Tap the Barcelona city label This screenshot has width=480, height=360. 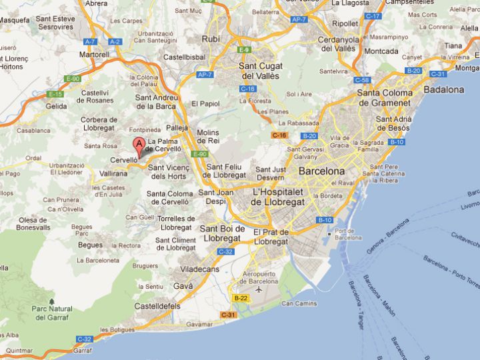(321, 171)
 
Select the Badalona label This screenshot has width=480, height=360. (443, 89)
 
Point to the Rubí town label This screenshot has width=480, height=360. (211, 39)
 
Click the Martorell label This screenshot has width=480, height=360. (94, 54)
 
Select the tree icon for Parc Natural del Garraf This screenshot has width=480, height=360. (52, 302)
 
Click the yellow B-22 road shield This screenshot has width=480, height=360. (241, 298)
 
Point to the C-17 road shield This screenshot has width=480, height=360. (373, 16)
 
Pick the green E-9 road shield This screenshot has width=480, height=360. (245, 50)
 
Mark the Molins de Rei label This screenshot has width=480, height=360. (208, 137)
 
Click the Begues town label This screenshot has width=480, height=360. (90, 245)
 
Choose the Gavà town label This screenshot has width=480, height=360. (183, 285)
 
